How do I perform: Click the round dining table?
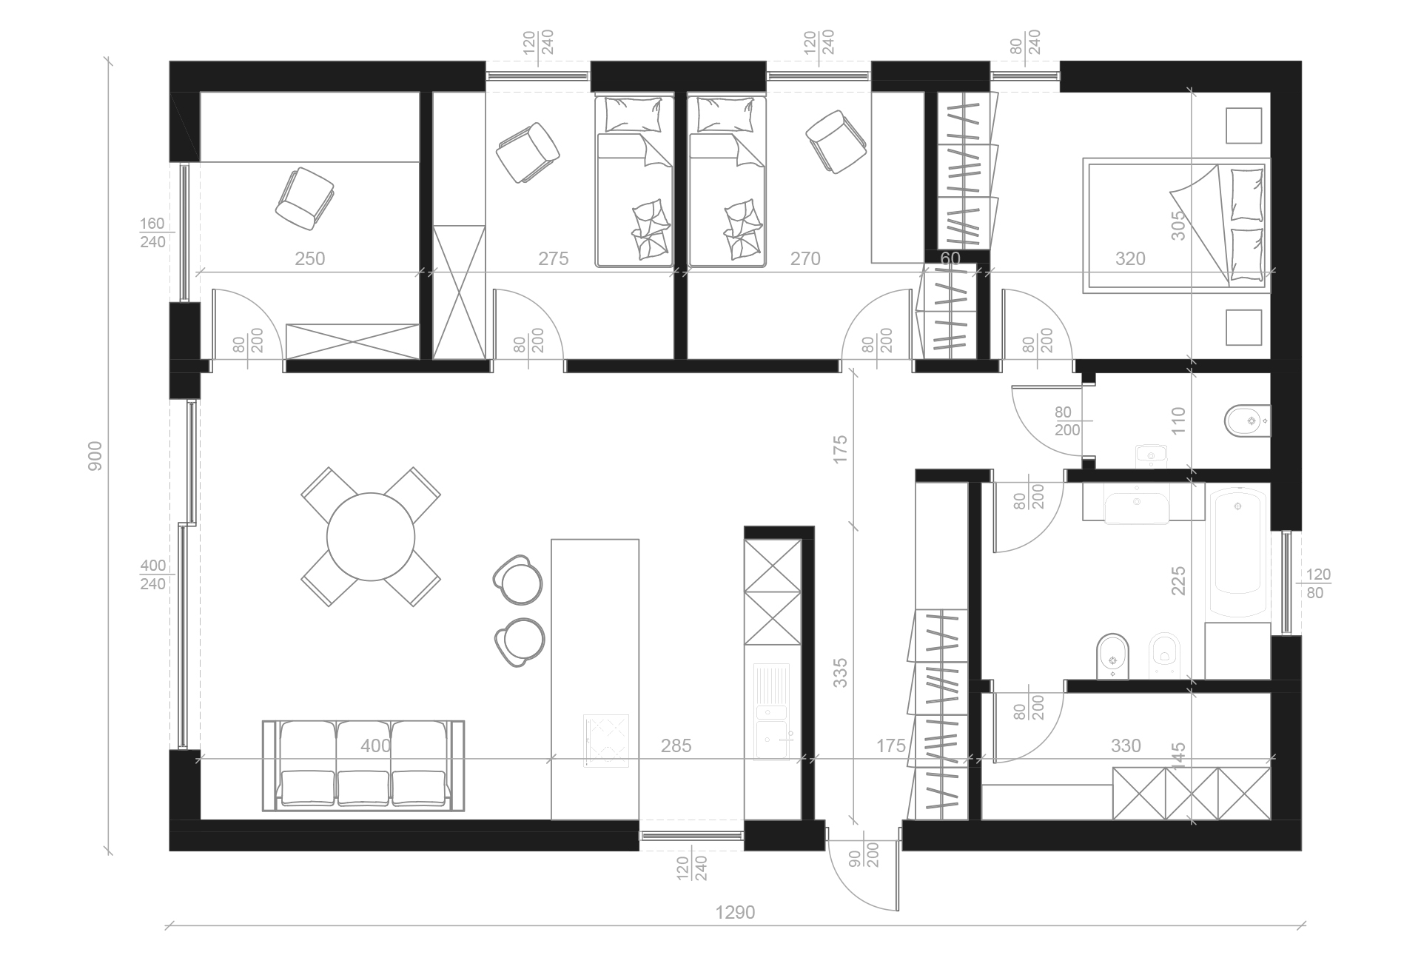370,537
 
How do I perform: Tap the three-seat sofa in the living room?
363,765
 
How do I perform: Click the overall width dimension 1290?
735,912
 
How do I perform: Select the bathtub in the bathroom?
1237,551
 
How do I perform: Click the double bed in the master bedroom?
1175,225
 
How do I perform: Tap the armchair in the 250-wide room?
304,198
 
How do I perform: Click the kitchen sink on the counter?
773,711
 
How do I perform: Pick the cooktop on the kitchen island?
606,740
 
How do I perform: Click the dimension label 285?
676,745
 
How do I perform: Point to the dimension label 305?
1178,226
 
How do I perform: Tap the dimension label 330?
1125,745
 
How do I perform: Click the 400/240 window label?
153,574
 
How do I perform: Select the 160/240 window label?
152,232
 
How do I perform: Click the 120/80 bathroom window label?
1318,583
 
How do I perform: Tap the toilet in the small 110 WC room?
1248,422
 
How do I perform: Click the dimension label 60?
950,258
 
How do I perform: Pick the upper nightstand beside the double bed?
1243,125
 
